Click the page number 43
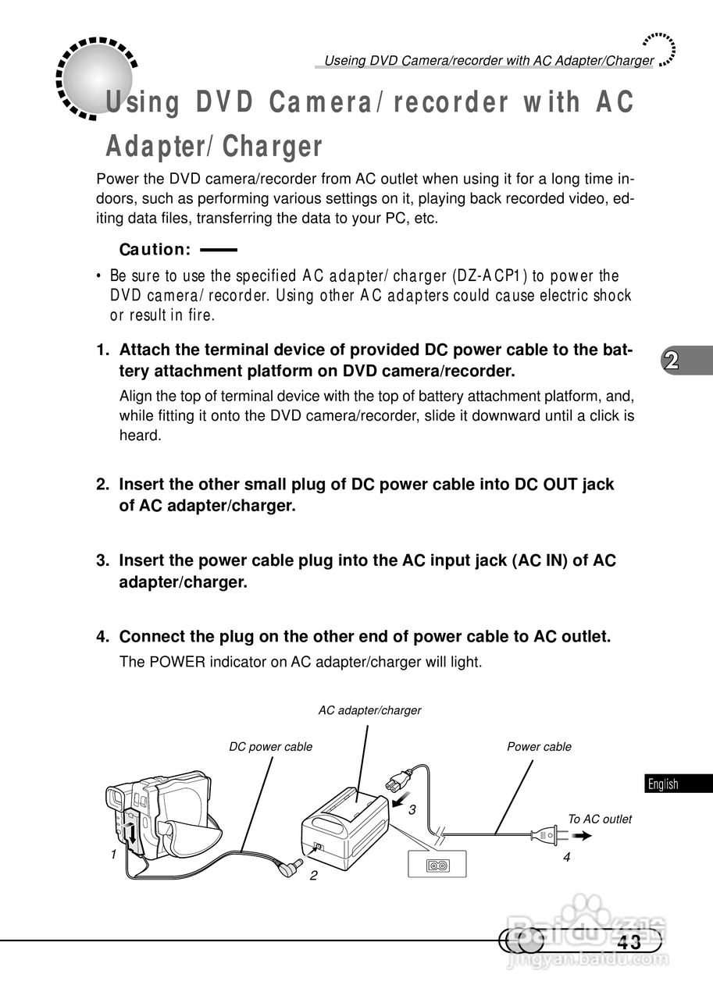click(x=629, y=942)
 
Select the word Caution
click(x=155, y=250)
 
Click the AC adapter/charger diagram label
click(x=369, y=710)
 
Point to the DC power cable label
click(x=270, y=747)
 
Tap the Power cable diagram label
click(x=539, y=747)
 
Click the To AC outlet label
click(x=599, y=819)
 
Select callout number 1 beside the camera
click(x=113, y=854)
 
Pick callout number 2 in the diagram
click(x=313, y=875)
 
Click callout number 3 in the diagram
click(x=412, y=810)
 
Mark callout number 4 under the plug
click(x=567, y=857)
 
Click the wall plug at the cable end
click(x=545, y=836)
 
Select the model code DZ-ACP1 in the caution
click(x=490, y=276)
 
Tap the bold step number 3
click(x=102, y=560)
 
